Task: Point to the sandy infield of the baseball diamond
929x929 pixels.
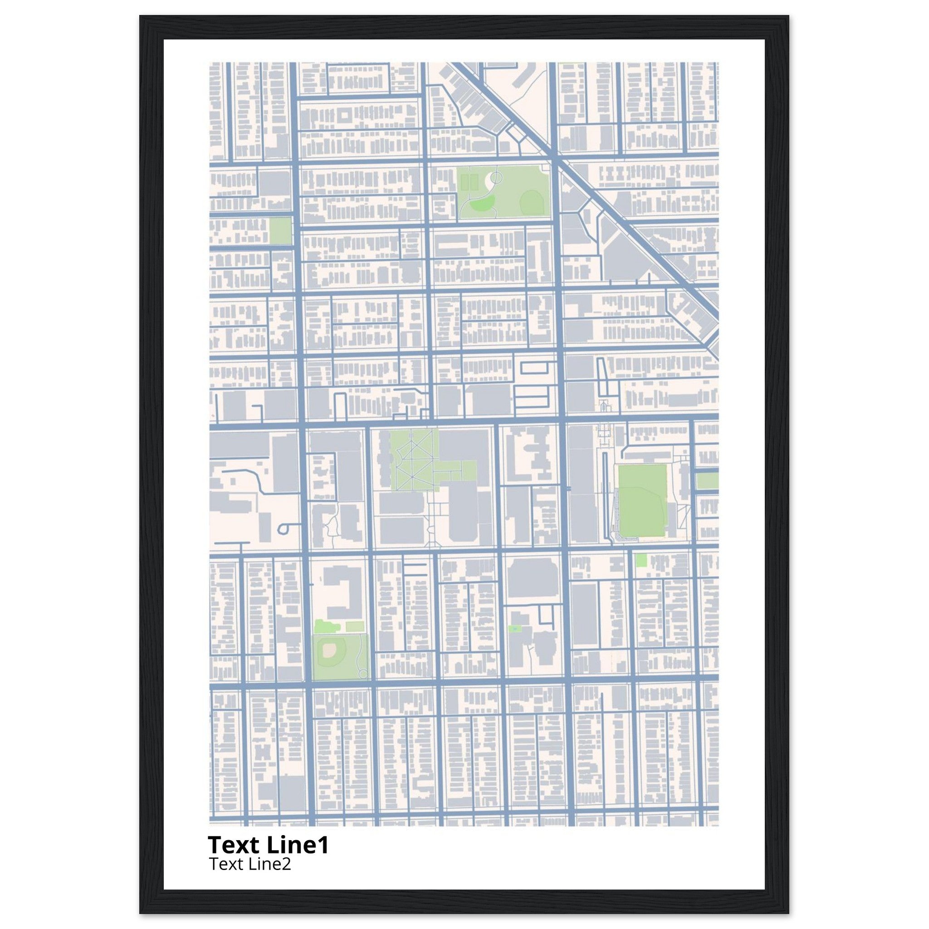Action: tap(329, 650)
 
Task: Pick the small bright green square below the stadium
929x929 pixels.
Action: tap(641, 560)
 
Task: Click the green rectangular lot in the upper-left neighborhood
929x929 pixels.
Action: tap(280, 231)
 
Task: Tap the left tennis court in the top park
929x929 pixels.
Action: tap(464, 182)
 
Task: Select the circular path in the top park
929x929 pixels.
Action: tap(496, 178)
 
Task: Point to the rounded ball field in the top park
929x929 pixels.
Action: tap(530, 201)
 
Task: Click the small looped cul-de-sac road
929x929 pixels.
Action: tap(284, 528)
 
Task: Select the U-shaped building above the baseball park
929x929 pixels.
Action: tap(343, 592)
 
